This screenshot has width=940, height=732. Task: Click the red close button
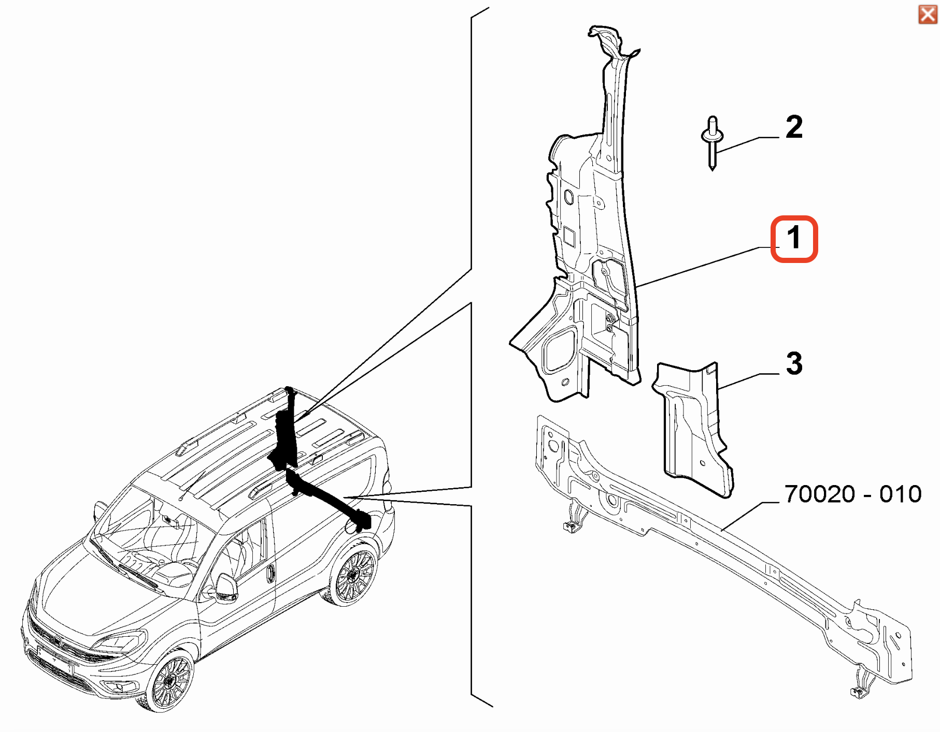pyautogui.click(x=928, y=14)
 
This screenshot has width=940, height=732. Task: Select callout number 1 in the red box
pyautogui.click(x=794, y=239)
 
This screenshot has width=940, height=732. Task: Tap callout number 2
pyautogui.click(x=794, y=127)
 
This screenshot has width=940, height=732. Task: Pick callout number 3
pyautogui.click(x=794, y=363)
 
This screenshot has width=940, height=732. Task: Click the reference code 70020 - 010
pyautogui.click(x=853, y=494)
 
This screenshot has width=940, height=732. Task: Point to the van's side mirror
pyautogui.click(x=226, y=588)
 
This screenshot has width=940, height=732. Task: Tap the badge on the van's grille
pyautogui.click(x=58, y=642)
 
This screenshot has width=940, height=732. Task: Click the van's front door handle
pyautogui.click(x=270, y=573)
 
